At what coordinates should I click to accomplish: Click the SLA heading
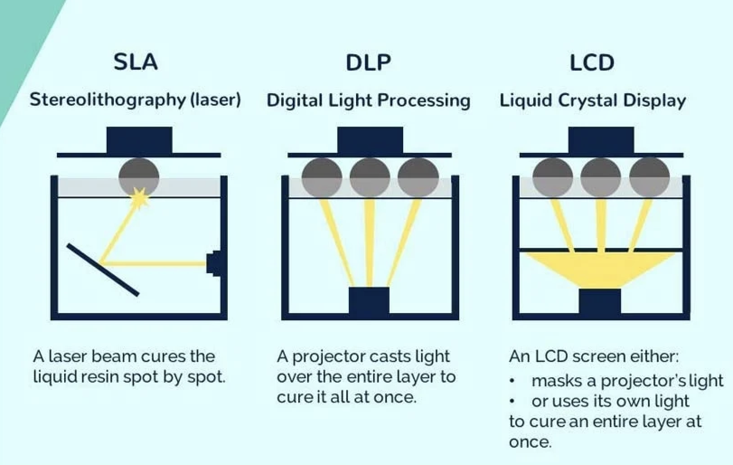point(136,62)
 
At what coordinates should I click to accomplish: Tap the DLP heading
point(368,62)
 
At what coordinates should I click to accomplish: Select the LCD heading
point(592,62)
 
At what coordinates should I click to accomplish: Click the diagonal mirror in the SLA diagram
point(103,270)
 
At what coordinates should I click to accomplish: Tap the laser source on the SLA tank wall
point(213,263)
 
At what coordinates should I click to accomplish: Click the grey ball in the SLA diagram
point(139,176)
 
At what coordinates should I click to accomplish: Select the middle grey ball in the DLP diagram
point(370,177)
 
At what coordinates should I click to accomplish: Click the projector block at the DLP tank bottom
point(369,300)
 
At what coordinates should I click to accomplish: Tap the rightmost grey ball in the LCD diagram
point(649,177)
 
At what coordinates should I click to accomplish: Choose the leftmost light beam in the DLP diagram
point(337,242)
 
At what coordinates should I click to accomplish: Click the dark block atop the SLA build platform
point(139,140)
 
